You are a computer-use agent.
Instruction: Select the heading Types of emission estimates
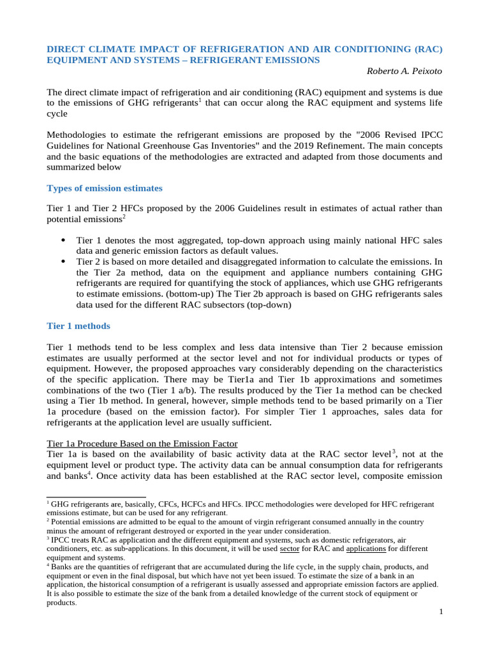pos(105,188)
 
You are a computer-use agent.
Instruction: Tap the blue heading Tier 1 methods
pos(78,326)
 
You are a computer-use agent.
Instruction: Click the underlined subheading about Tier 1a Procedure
pos(142,443)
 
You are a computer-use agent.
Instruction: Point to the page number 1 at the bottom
pos(440,612)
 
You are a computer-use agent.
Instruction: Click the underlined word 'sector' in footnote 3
pos(290,548)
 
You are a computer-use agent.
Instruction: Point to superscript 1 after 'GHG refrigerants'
pos(200,100)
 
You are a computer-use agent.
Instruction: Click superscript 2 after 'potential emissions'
pos(124,216)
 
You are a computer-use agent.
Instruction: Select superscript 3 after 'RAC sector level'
pos(393,451)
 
